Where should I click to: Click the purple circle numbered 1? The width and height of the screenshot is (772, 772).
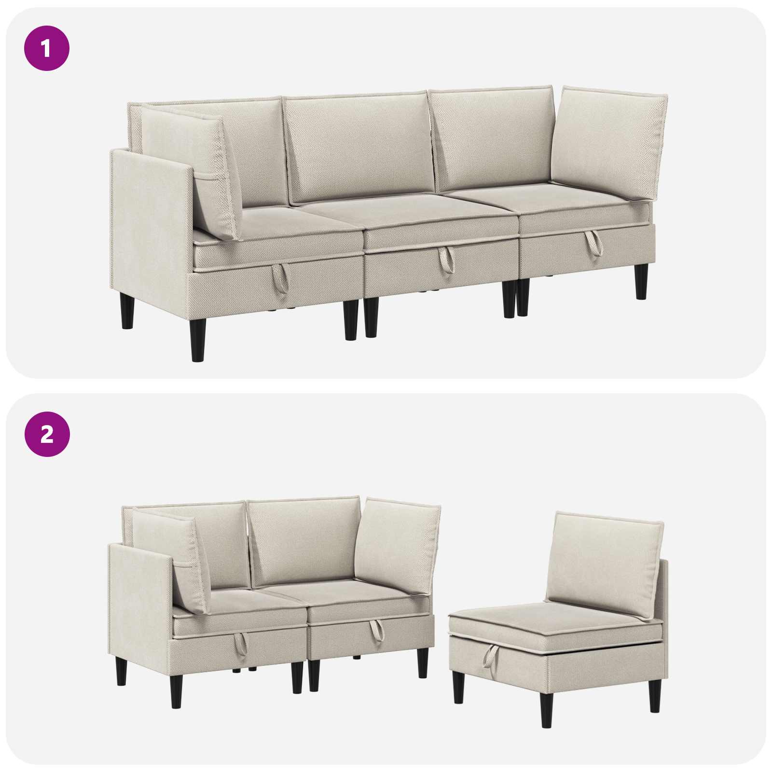coord(47,48)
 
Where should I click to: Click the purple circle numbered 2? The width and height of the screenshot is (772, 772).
coord(47,434)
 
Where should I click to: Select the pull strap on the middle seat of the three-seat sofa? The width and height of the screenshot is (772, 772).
coord(446,260)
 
